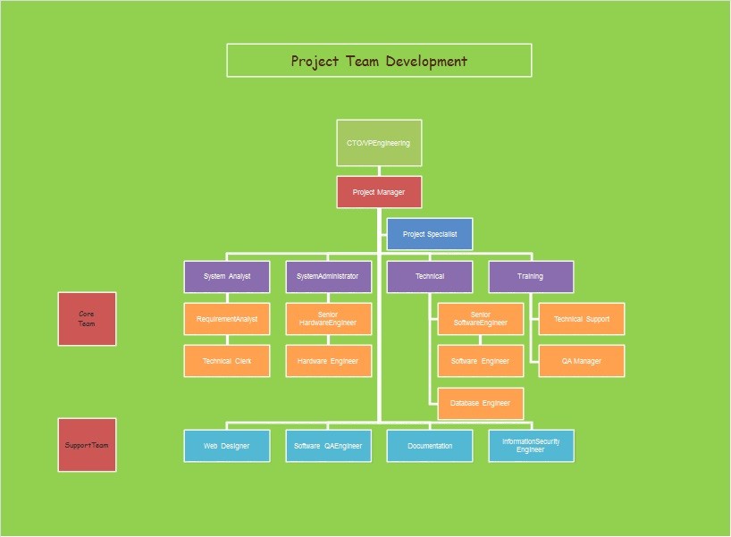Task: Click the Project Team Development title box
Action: pos(379,61)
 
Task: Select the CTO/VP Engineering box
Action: pos(379,143)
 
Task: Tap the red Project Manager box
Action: pos(379,192)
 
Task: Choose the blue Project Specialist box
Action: pos(430,234)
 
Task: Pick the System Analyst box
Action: pos(227,276)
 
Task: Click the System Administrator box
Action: pos(328,276)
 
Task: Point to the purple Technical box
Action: pos(430,276)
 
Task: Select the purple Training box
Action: pos(531,276)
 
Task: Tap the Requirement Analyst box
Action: pos(227,319)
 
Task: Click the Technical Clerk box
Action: pos(227,361)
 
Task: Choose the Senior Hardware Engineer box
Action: pos(328,319)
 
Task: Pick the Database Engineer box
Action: pos(480,403)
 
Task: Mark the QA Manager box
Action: pos(582,361)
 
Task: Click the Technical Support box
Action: pos(582,319)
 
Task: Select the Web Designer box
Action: pos(227,446)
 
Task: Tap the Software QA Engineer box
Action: pos(328,446)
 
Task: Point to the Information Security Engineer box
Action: pos(531,446)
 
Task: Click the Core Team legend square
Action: pos(88,319)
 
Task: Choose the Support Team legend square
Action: pos(88,445)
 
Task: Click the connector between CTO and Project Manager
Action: pos(379,171)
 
